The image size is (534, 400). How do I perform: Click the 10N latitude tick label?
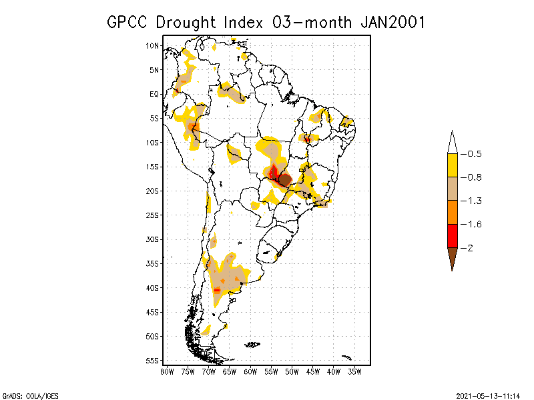tap(153, 45)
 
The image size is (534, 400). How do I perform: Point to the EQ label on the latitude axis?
tap(154, 94)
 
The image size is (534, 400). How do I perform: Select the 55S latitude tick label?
tap(153, 361)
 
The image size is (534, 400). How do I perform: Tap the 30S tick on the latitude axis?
tap(153, 239)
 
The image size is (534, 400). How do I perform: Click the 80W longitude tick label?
tap(167, 371)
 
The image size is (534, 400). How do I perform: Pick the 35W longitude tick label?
tap(354, 371)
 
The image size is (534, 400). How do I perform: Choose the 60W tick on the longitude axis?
tap(250, 371)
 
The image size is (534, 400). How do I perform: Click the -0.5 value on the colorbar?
tap(474, 154)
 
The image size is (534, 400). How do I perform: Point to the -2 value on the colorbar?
tap(471, 248)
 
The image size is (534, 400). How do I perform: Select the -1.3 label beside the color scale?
tap(474, 201)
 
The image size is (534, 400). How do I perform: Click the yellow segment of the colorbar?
tap(453, 165)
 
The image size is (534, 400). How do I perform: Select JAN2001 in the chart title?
tap(393, 22)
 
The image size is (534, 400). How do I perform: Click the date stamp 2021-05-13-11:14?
tap(488, 395)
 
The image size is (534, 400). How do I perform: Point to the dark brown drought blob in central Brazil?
tap(284, 179)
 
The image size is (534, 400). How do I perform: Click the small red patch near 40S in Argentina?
tap(217, 290)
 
